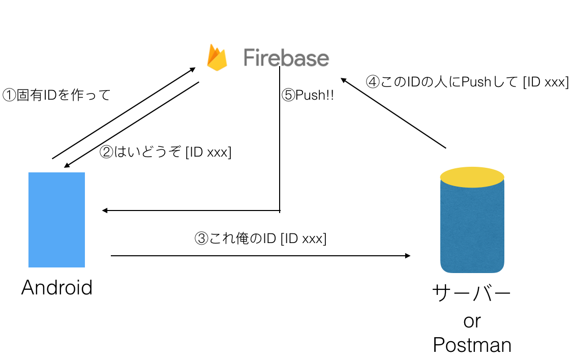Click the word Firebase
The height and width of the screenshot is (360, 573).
pos(286,57)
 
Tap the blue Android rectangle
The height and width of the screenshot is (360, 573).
pos(56,220)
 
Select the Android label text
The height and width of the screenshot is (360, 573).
pos(57,288)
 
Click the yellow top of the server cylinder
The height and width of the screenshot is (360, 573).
pos(472,177)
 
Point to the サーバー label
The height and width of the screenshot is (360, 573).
pos(471,294)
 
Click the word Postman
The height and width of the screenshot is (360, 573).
pos(472,345)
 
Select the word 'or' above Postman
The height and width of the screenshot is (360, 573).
pos(472,321)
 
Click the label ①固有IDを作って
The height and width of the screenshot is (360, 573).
pos(57,95)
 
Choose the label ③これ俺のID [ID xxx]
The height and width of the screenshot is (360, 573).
pos(260,238)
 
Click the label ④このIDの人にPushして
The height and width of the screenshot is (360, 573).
pos(467,82)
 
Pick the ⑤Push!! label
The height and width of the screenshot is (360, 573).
pos(308,95)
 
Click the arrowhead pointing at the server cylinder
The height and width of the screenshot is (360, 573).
pos(408,256)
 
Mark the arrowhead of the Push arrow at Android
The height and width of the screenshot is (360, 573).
pos(104,211)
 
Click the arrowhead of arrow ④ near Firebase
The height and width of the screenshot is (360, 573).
pos(343,80)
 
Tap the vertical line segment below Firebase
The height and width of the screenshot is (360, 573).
pos(280,153)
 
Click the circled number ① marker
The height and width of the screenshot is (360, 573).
pos(9,95)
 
